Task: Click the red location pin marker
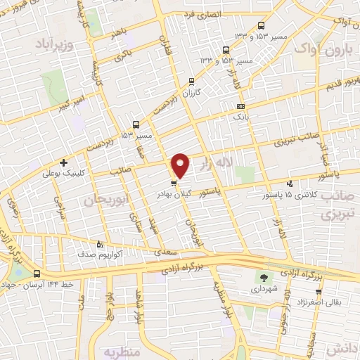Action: (x=181, y=165)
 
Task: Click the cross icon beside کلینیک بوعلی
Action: (x=63, y=162)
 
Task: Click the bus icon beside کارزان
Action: (x=192, y=81)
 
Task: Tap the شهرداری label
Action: (x=264, y=289)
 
